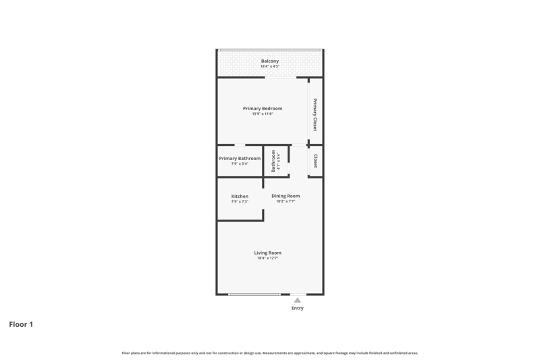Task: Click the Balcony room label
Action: (x=269, y=61)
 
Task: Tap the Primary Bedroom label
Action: (x=263, y=108)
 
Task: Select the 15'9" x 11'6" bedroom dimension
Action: (x=263, y=113)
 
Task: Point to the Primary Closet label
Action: (x=315, y=115)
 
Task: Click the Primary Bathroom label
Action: (x=240, y=159)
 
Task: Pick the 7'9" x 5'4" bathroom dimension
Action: (x=240, y=163)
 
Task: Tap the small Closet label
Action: (x=315, y=161)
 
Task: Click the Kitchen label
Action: (x=240, y=196)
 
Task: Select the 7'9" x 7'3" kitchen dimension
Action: (x=240, y=201)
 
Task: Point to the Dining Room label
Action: (x=286, y=196)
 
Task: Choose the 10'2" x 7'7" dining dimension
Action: (x=286, y=201)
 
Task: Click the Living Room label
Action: (x=267, y=253)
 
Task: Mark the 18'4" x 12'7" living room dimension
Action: (x=267, y=258)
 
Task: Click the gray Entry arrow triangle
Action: (x=298, y=301)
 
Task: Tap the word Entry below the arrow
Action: (x=298, y=308)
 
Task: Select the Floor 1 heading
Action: (x=21, y=324)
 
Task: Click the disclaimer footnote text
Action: (x=270, y=353)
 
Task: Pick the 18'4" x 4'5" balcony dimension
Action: (x=269, y=66)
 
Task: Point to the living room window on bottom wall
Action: (x=254, y=294)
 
